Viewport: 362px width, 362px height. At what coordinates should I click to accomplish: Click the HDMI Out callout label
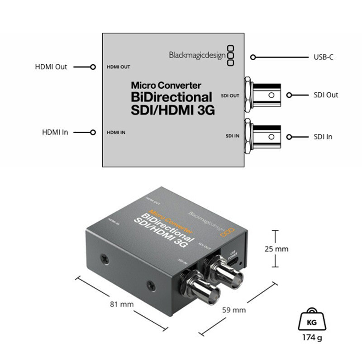pyautogui.click(x=51, y=67)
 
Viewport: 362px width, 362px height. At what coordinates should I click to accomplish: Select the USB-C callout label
pyautogui.click(x=324, y=57)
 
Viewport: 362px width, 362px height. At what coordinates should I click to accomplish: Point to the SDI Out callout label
pyautogui.click(x=325, y=95)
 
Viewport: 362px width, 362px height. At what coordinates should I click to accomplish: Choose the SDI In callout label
pyautogui.click(x=323, y=137)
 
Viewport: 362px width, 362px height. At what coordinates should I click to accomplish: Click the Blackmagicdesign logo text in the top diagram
pyautogui.click(x=196, y=55)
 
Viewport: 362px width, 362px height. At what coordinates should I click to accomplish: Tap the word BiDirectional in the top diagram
pyautogui.click(x=171, y=96)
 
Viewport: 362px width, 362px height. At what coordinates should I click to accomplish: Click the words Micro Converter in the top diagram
pyautogui.click(x=166, y=85)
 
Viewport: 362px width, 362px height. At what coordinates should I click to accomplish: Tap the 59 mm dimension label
pyautogui.click(x=234, y=310)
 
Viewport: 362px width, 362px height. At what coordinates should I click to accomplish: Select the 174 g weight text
pyautogui.click(x=311, y=338)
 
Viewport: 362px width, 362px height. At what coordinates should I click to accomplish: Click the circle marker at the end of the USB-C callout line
pyautogui.click(x=253, y=57)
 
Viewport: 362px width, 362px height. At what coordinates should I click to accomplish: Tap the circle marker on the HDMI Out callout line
pyautogui.click(x=93, y=67)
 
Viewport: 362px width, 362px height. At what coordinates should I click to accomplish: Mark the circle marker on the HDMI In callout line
pyautogui.click(x=93, y=133)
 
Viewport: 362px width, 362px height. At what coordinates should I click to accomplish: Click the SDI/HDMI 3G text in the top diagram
pyautogui.click(x=172, y=110)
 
